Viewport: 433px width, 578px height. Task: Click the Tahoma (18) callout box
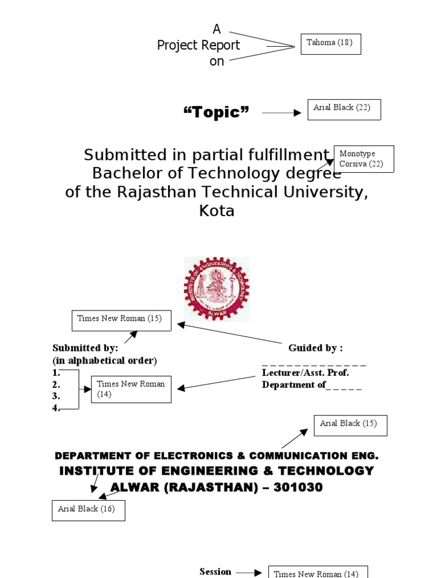330,44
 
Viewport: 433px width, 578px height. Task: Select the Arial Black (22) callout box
344,110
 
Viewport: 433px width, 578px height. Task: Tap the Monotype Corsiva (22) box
364,159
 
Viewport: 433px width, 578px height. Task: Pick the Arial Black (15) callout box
350,425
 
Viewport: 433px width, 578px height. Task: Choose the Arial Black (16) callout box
88,510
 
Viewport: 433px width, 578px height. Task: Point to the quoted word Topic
216,113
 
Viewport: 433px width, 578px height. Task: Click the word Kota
216,211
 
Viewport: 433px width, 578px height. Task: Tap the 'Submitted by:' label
85,348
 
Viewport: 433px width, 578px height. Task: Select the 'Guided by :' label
315,348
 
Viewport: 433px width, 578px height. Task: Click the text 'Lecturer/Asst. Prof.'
305,373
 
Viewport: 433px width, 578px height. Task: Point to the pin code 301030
298,488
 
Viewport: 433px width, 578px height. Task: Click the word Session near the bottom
215,572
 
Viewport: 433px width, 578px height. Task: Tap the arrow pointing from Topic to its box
282,113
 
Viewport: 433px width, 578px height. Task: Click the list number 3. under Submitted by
56,397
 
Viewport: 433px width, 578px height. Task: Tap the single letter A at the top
216,29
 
